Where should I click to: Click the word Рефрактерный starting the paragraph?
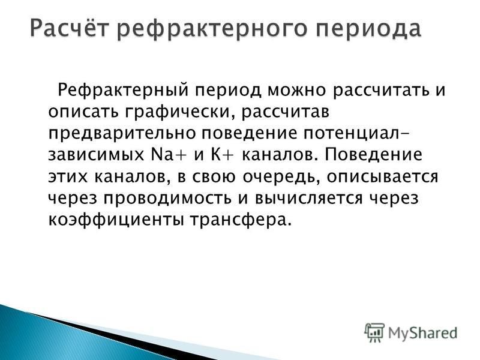(123, 91)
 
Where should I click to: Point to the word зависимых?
(96, 155)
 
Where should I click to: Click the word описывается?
(382, 177)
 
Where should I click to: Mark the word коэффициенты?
(116, 220)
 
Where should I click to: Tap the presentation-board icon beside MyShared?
(374, 332)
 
